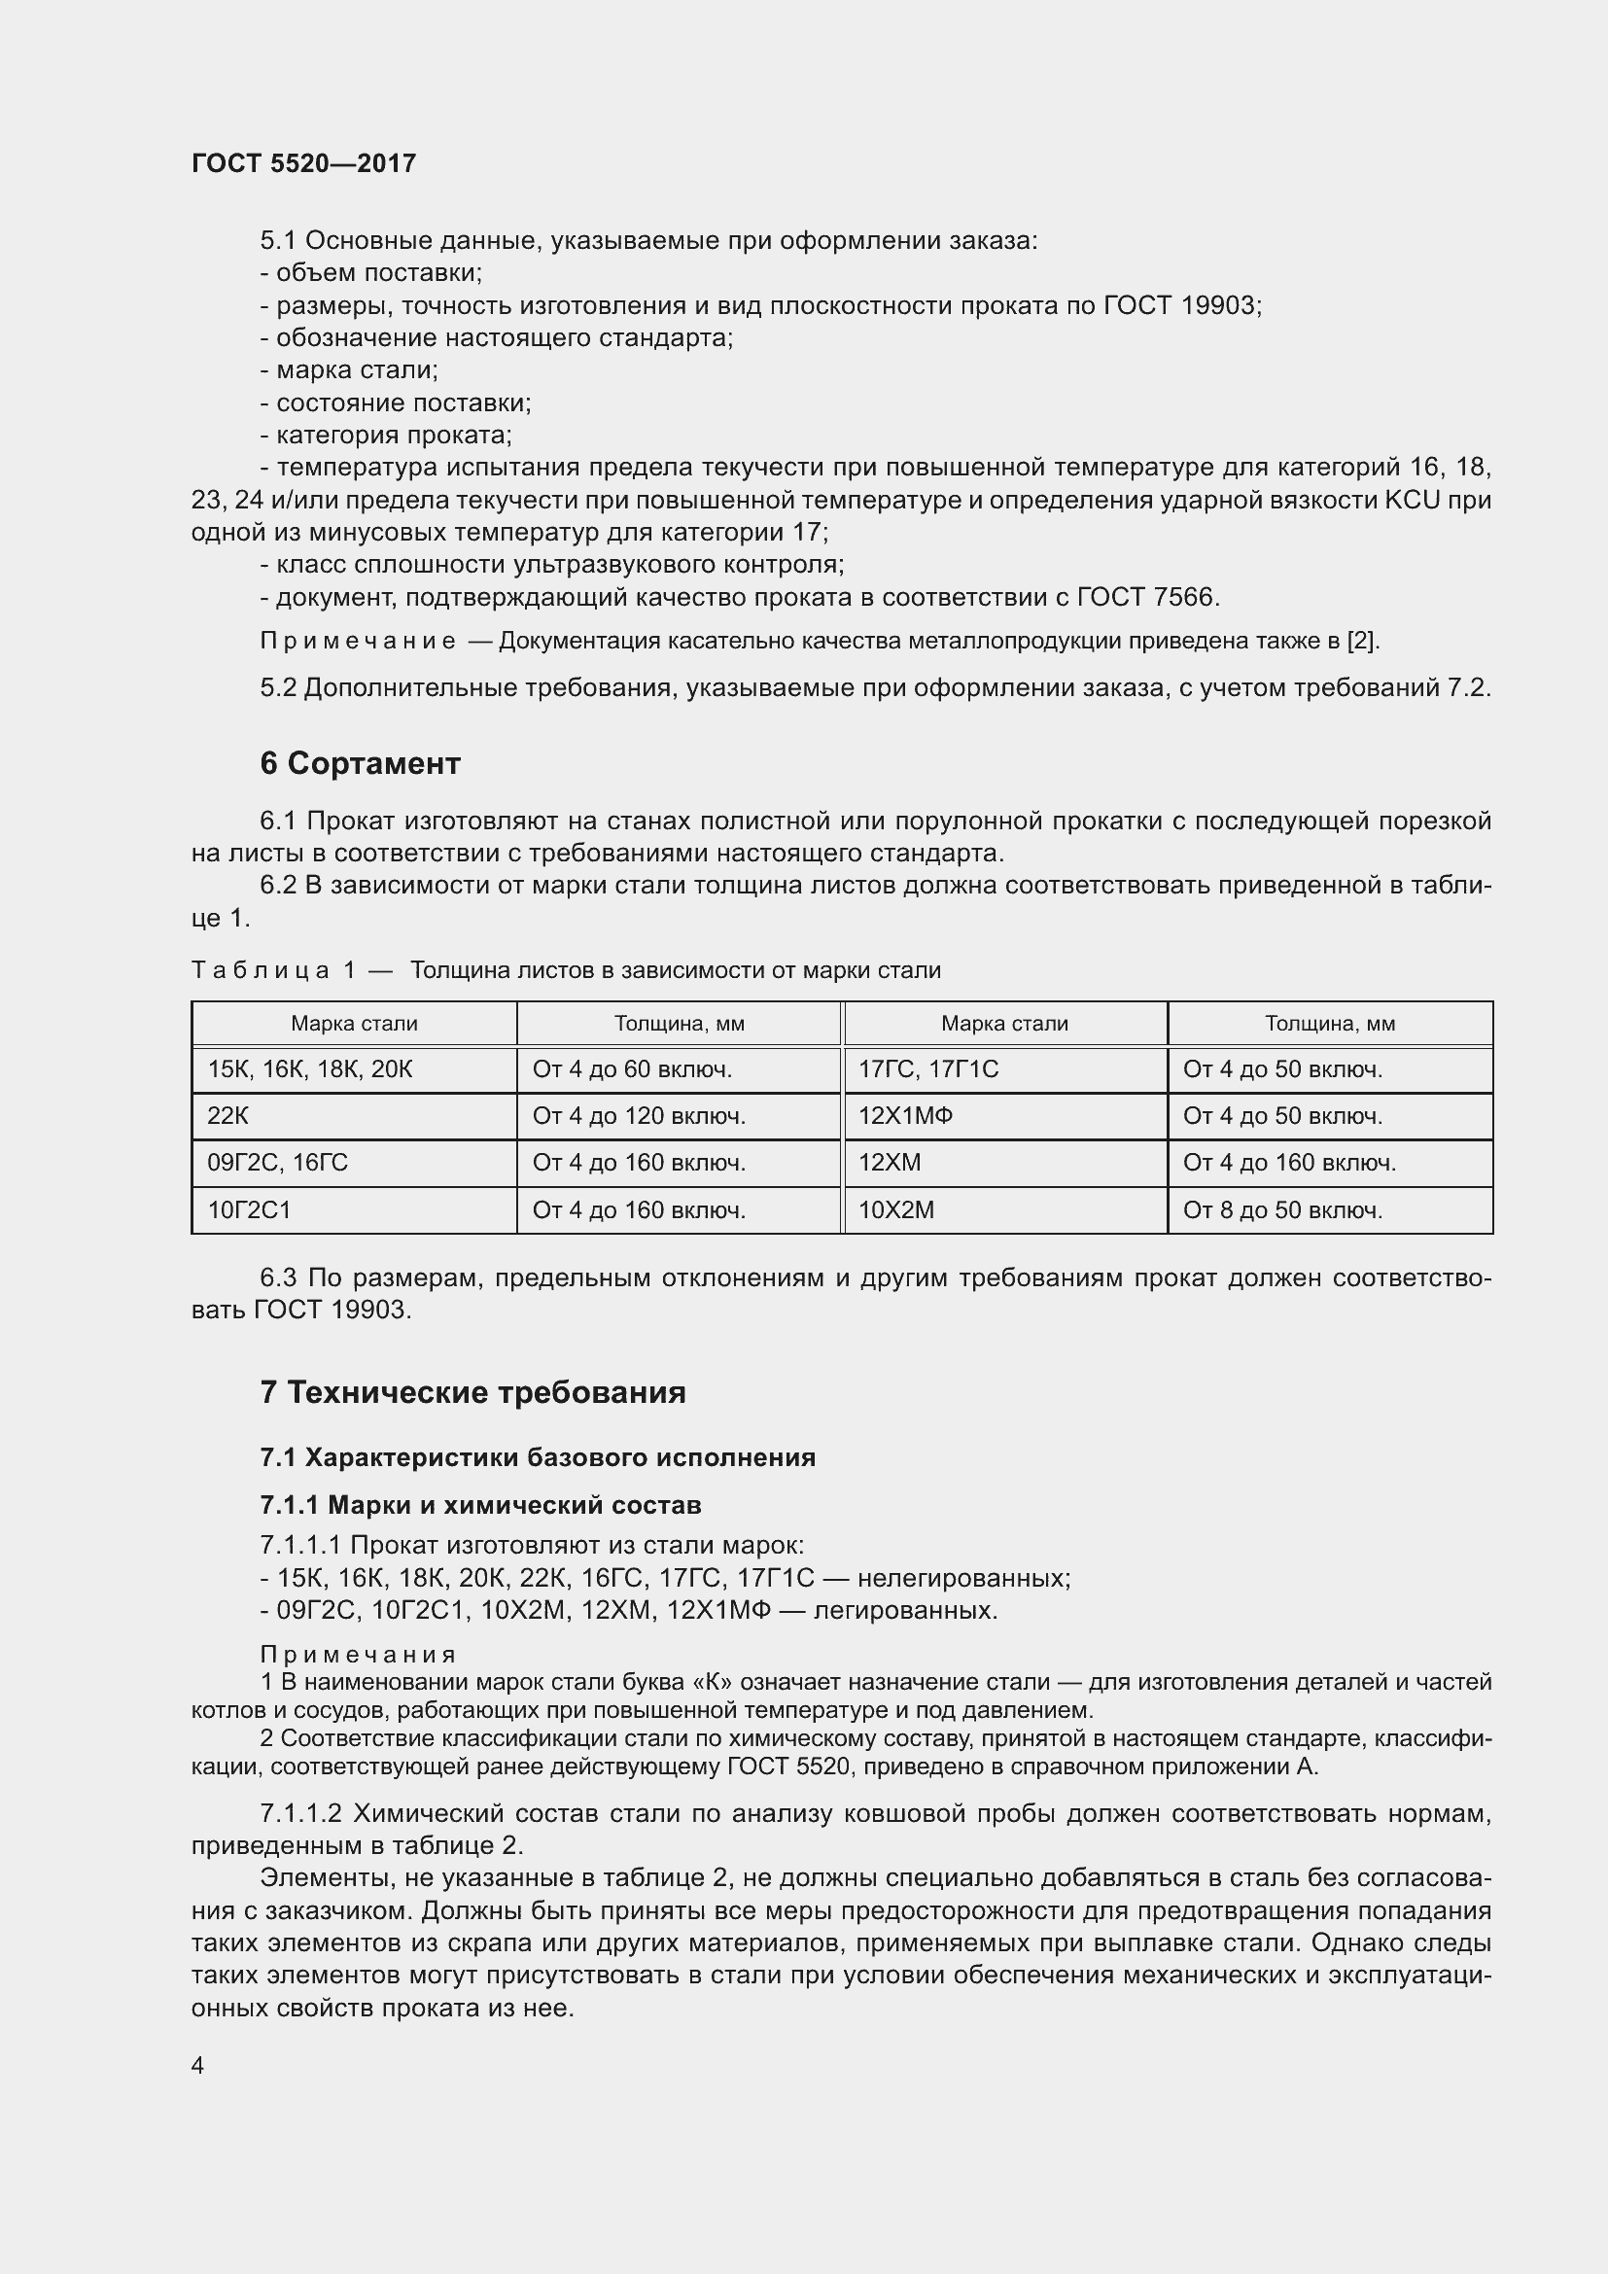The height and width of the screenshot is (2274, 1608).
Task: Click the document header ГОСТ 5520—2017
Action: point(303,163)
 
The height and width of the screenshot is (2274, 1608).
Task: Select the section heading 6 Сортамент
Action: point(360,763)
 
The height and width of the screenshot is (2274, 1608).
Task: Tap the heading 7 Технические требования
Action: point(472,1392)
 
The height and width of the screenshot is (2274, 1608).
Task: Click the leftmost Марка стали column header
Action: point(354,1024)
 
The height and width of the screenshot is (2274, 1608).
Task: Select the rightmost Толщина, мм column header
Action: point(1330,1024)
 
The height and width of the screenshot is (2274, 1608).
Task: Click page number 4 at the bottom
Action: point(198,2065)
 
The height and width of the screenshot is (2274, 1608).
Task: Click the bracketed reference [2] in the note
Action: point(1361,641)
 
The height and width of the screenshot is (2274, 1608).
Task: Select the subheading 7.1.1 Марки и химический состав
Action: point(480,1505)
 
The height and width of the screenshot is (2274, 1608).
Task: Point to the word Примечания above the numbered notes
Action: point(358,1655)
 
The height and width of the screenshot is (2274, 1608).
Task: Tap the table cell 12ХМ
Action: point(890,1163)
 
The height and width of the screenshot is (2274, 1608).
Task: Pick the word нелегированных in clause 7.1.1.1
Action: point(963,1578)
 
